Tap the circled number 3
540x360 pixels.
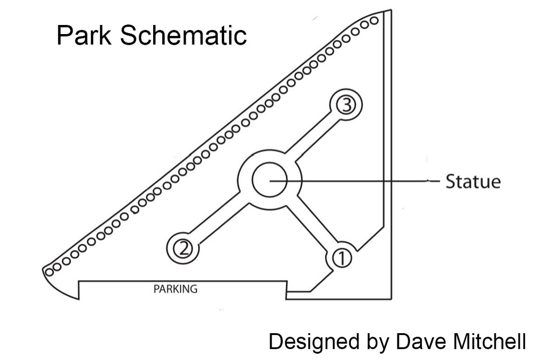tap(345, 105)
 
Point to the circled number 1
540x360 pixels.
tap(341, 258)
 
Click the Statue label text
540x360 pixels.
tap(473, 182)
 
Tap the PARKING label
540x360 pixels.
tap(175, 289)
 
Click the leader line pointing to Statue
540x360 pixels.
tap(365, 181)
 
